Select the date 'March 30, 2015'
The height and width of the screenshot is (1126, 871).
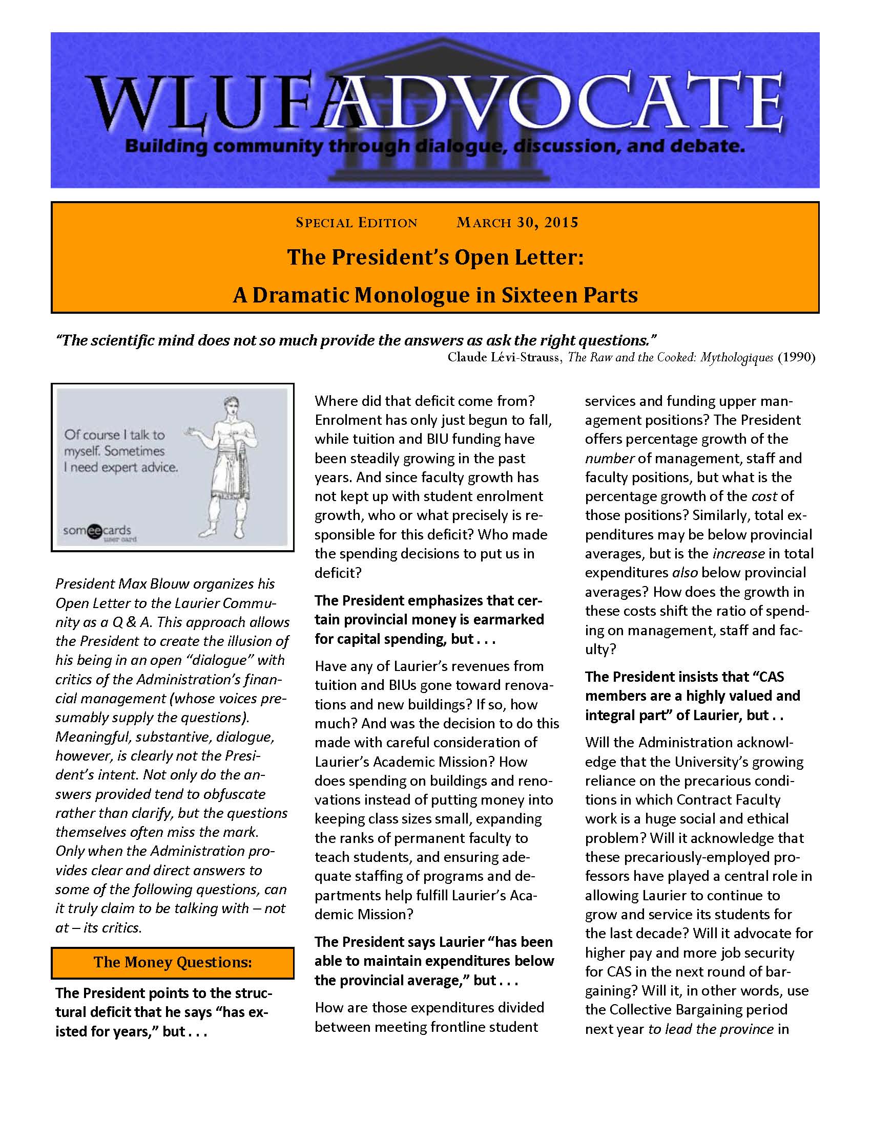(517, 223)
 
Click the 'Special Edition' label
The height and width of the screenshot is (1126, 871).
(356, 223)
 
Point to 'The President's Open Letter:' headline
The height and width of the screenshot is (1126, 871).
(435, 257)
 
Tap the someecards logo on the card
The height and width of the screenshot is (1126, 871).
(97, 531)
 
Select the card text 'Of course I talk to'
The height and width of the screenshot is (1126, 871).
(114, 435)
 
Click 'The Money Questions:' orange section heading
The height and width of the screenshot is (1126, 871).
(172, 962)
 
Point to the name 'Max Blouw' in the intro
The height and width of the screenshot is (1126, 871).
(150, 583)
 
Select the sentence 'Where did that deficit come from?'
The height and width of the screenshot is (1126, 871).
(425, 401)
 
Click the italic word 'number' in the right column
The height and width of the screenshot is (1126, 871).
(609, 459)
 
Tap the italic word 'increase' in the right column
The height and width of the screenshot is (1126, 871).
(738, 554)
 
